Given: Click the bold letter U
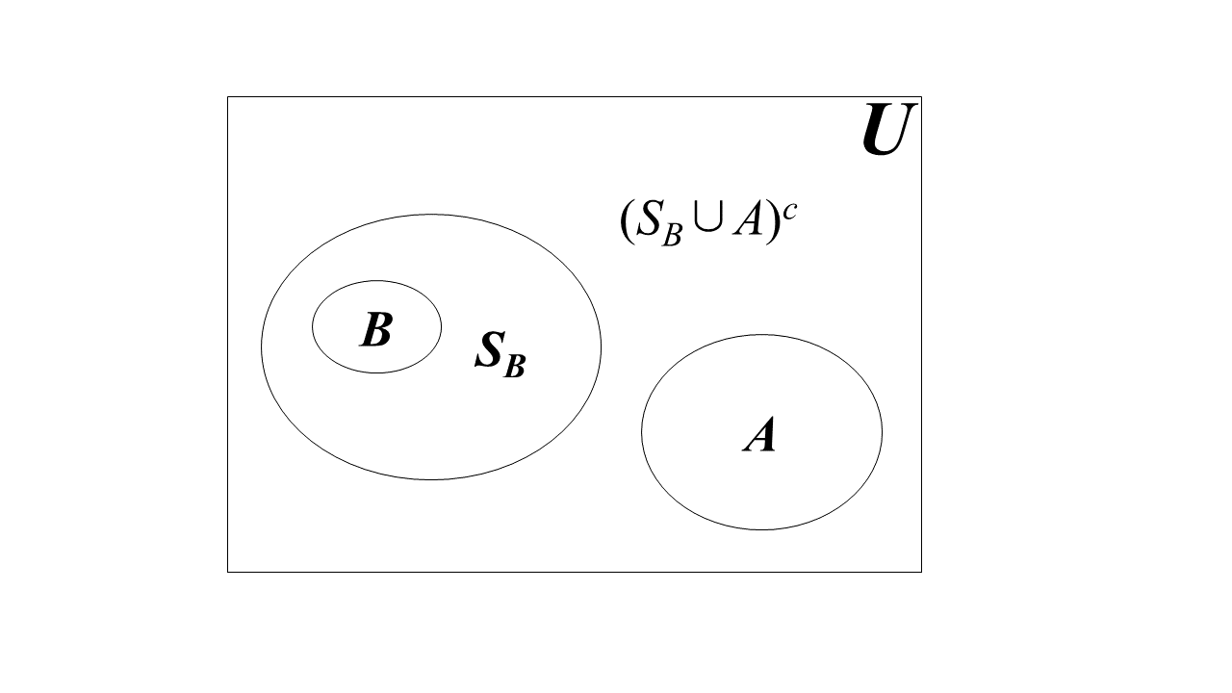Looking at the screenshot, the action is (885, 131).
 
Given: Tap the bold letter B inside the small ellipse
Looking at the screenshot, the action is (375, 330).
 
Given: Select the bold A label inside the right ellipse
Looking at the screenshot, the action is (759, 436).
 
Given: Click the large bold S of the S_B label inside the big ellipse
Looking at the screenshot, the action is (490, 350).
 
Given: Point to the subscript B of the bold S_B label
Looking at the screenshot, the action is (515, 367).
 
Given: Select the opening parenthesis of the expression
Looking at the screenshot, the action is (627, 222).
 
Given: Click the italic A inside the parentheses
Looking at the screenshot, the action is (746, 222).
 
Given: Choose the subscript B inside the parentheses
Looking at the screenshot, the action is (671, 236).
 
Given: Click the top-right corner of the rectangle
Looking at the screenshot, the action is (921, 97).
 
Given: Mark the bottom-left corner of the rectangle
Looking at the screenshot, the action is (228, 572).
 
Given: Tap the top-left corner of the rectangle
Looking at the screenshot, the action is (228, 97).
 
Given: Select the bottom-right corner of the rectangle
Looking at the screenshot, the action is (921, 572).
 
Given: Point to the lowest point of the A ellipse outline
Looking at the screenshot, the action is (761, 529).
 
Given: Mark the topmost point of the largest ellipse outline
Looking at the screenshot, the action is (431, 215).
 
